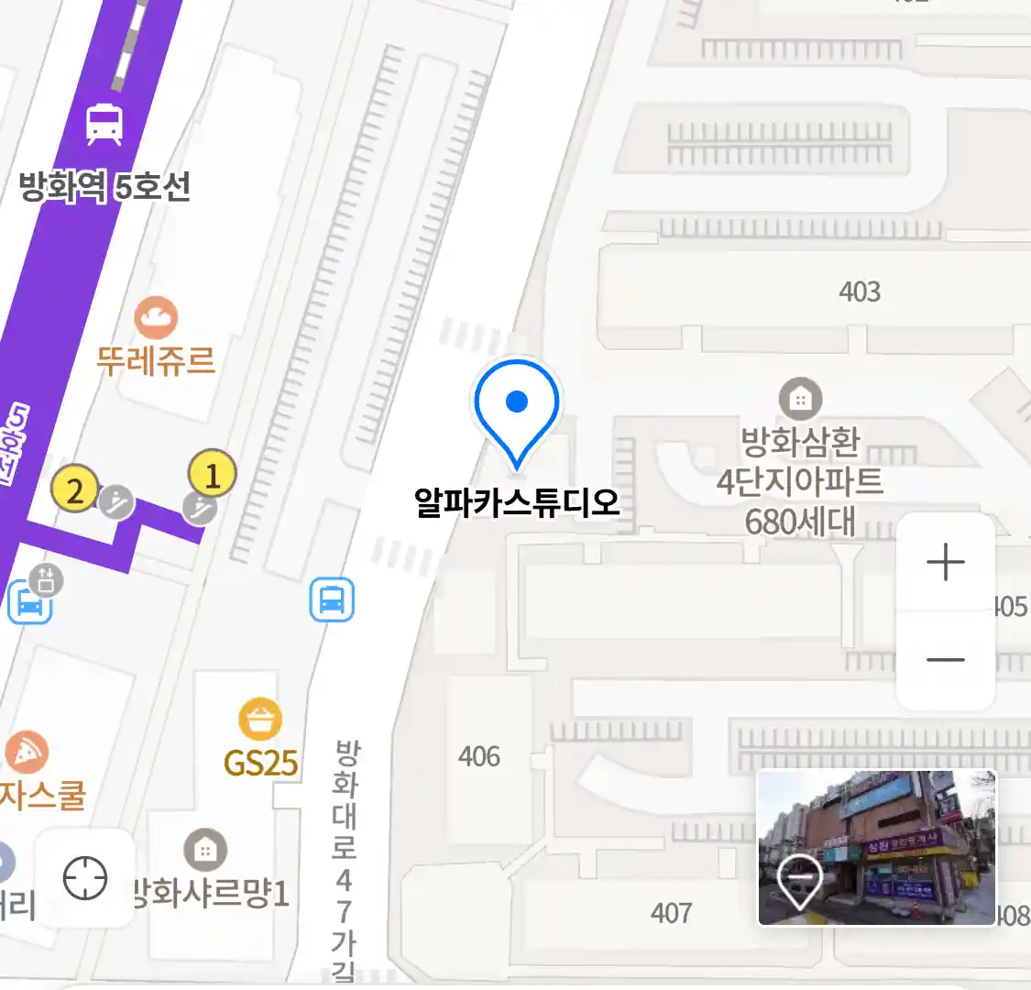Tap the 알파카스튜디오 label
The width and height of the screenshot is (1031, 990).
point(517,502)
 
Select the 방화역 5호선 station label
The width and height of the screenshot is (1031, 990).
point(104,187)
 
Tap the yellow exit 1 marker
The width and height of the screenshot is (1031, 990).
point(212,475)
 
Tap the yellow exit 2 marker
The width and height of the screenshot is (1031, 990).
point(75,489)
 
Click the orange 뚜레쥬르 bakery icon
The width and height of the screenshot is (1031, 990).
point(156,318)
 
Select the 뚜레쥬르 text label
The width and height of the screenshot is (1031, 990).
point(156,359)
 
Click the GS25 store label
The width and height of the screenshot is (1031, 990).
point(261,763)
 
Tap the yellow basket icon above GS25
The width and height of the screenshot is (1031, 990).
point(260,720)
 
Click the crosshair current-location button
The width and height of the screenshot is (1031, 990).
point(85,878)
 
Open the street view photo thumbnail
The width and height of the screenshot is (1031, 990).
point(876,848)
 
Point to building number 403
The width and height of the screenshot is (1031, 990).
point(860,291)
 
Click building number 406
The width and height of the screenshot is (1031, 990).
point(479,756)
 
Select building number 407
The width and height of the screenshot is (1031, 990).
point(671,912)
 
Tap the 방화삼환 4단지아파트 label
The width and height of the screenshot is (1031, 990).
point(800,481)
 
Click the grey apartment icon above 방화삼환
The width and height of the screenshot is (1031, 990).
point(800,399)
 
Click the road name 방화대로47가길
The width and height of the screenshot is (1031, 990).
point(345,857)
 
